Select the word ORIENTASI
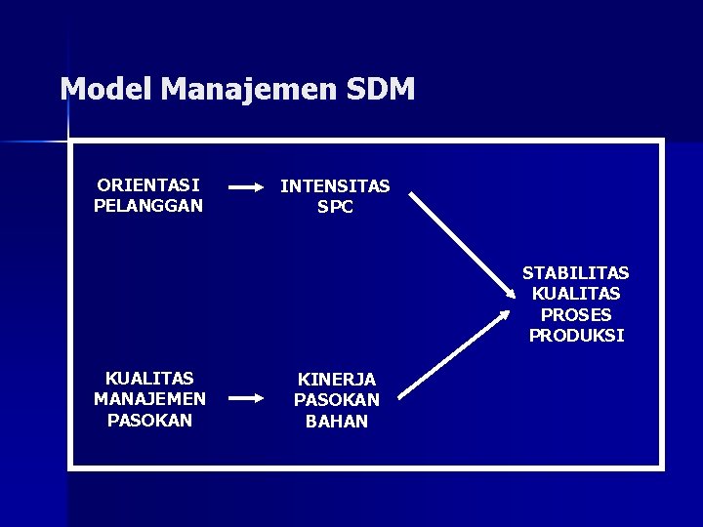click(148, 184)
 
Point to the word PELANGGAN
click(148, 206)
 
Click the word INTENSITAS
click(335, 185)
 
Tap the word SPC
click(335, 208)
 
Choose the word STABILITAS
click(575, 272)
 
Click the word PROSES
click(575, 315)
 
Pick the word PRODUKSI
click(575, 336)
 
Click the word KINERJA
click(337, 379)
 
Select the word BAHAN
click(337, 422)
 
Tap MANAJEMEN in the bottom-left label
click(149, 399)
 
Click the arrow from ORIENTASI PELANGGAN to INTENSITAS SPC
click(247, 185)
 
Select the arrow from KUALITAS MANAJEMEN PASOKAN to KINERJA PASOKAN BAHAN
click(247, 398)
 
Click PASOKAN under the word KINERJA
click(337, 400)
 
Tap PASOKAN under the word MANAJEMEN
click(149, 421)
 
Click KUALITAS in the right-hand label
click(575, 294)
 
